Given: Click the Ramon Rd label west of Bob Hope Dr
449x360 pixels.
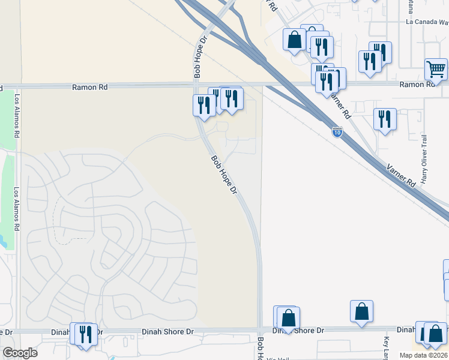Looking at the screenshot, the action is pyautogui.click(x=90, y=87).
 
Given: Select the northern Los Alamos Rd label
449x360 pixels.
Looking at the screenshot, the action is pyautogui.click(x=17, y=117).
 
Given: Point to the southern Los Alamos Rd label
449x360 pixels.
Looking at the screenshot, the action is pyautogui.click(x=17, y=211).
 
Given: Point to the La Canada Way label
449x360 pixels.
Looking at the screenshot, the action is pyautogui.click(x=427, y=22).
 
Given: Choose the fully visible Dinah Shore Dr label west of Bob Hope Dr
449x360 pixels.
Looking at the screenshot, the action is pyautogui.click(x=168, y=331).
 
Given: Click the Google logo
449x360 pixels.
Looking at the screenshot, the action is pyautogui.click(x=20, y=353).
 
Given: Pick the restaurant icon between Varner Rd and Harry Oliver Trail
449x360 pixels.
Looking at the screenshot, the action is pyautogui.click(x=384, y=118).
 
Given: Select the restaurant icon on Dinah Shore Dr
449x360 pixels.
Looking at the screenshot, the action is pyautogui.click(x=85, y=334).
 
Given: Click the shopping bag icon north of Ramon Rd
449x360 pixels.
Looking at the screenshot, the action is pyautogui.click(x=295, y=40).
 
